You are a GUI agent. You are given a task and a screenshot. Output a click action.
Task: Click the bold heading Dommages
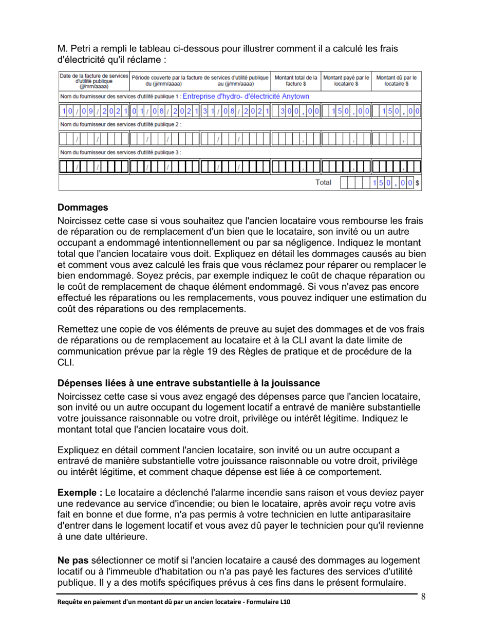(x=83, y=208)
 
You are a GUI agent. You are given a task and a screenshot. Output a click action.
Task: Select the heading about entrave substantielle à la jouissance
(x=189, y=384)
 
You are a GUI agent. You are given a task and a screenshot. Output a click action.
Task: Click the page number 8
(x=424, y=597)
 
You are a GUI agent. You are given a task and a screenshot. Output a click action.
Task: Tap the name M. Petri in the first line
(x=76, y=48)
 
